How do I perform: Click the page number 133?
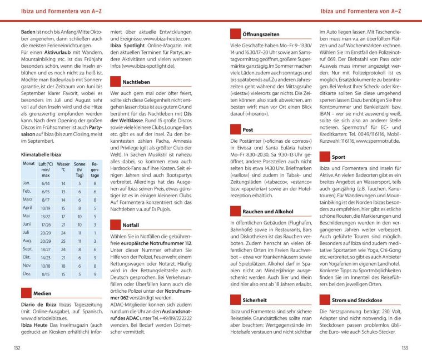point(404,347)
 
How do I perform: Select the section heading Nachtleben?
point(136,82)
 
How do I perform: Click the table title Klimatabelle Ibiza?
point(41,154)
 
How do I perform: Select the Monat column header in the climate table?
point(28,164)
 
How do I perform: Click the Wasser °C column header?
point(63,167)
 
